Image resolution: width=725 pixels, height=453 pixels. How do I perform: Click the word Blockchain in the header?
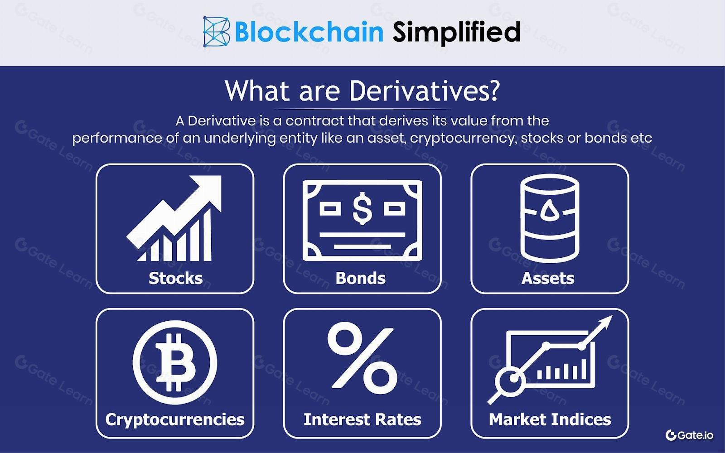tap(309, 32)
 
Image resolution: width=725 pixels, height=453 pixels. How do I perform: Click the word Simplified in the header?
tap(456, 32)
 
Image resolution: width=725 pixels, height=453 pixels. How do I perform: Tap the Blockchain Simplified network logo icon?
tap(217, 32)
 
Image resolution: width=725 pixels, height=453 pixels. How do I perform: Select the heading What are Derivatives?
tap(362, 91)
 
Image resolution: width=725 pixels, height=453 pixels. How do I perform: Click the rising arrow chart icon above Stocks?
tap(174, 218)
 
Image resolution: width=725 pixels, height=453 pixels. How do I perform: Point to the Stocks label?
tap(175, 278)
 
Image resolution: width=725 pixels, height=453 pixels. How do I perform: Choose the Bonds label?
tap(361, 278)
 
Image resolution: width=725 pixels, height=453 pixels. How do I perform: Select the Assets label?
tap(548, 278)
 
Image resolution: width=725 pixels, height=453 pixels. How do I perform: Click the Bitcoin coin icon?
tap(175, 362)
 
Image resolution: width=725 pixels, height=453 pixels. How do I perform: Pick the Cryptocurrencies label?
tap(175, 419)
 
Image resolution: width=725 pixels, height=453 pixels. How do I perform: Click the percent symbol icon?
tap(362, 359)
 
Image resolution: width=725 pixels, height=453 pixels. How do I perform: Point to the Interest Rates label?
tap(362, 419)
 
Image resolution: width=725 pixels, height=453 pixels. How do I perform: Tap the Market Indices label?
tap(550, 419)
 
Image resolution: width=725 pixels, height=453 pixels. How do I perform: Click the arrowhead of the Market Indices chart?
tap(605, 323)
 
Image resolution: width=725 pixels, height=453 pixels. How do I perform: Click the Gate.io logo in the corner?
tap(689, 435)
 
